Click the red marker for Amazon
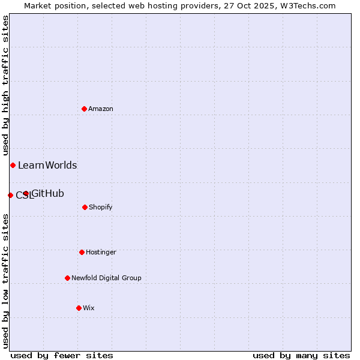(x=84, y=109)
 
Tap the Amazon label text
(x=101, y=109)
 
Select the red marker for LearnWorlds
(x=13, y=165)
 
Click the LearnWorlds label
(x=47, y=165)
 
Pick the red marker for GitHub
(x=26, y=193)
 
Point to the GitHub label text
(x=48, y=193)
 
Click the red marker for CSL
(x=10, y=195)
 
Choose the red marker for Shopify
(x=85, y=207)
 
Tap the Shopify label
(x=101, y=207)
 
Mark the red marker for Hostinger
(x=82, y=252)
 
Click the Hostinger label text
(x=101, y=252)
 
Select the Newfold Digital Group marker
(x=67, y=278)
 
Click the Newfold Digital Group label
(x=106, y=278)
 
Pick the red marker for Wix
(x=79, y=308)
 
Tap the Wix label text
(x=89, y=308)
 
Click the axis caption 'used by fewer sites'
(x=62, y=355)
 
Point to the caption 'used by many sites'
(x=301, y=355)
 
